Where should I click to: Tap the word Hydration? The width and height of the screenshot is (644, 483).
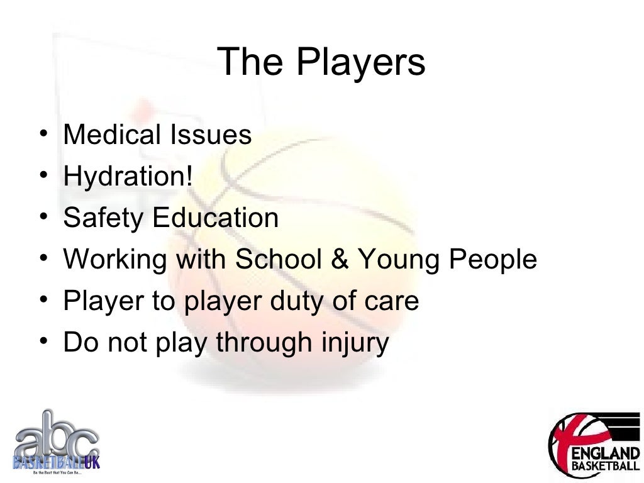128,177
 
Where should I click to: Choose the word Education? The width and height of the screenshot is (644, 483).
216,218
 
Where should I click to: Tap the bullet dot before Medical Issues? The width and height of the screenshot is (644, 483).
41,135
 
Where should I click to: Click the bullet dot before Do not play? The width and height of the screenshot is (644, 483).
41,343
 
